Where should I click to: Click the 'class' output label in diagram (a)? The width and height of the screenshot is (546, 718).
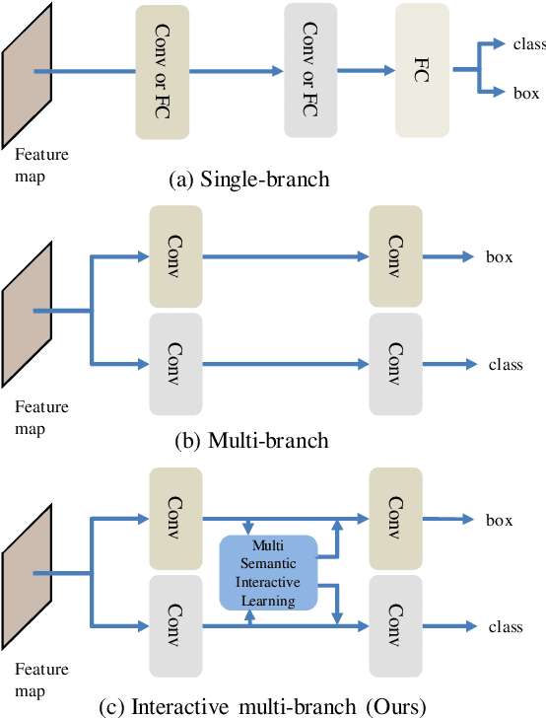[529, 43]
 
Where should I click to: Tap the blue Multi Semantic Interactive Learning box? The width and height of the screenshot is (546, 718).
[268, 572]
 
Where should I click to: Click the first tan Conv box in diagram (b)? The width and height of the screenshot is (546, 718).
[174, 256]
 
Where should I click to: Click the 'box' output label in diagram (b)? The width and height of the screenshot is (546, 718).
[500, 257]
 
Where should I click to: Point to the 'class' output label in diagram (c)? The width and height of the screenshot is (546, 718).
[506, 626]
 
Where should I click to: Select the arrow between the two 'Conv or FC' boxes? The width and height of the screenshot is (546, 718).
[241, 72]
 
